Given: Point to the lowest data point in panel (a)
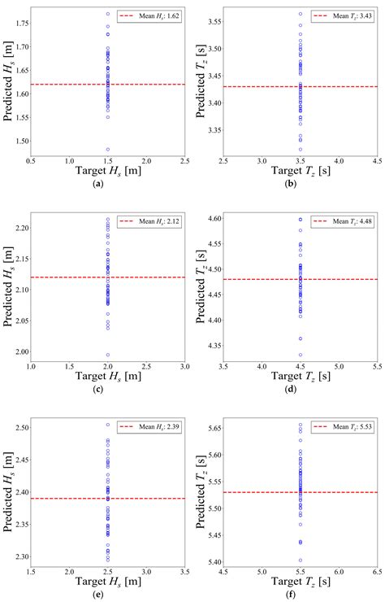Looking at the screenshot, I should tap(107, 149).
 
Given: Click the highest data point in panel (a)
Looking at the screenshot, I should tap(107, 14).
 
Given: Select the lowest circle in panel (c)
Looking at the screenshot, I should tap(107, 355).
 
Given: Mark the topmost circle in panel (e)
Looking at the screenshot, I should tap(107, 425).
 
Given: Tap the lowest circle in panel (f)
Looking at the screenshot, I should tap(301, 561).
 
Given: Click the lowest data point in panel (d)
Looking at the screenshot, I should tap(301, 355).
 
